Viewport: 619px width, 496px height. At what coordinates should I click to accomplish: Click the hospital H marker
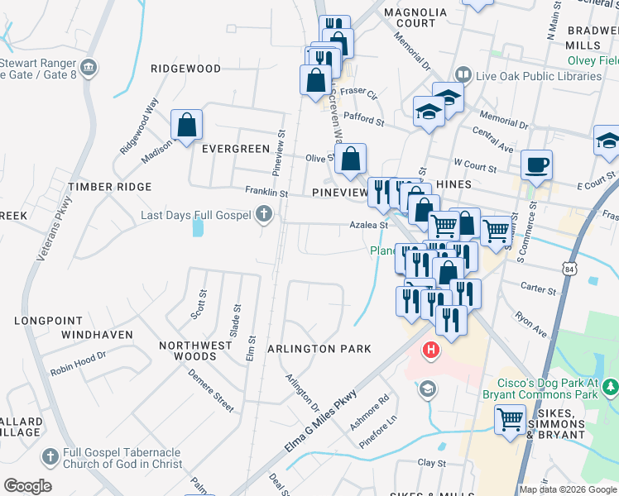click(x=430, y=351)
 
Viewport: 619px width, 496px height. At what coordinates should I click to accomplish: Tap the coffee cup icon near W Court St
click(x=536, y=165)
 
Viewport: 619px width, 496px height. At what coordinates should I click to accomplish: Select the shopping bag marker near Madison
click(x=187, y=125)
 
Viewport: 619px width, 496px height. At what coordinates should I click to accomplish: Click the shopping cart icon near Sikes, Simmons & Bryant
click(x=510, y=419)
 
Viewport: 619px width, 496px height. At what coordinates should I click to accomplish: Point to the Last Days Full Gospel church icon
click(x=264, y=215)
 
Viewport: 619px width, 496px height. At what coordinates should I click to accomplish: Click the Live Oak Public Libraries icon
click(x=463, y=76)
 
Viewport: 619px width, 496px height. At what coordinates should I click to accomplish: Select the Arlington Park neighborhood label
click(x=319, y=349)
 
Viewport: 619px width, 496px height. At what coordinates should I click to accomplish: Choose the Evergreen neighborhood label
click(x=236, y=149)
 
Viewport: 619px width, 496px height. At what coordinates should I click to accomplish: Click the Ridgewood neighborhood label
click(x=185, y=68)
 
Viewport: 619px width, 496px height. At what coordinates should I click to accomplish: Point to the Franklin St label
click(x=266, y=192)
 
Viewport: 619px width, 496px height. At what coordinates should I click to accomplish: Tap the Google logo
click(x=27, y=486)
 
